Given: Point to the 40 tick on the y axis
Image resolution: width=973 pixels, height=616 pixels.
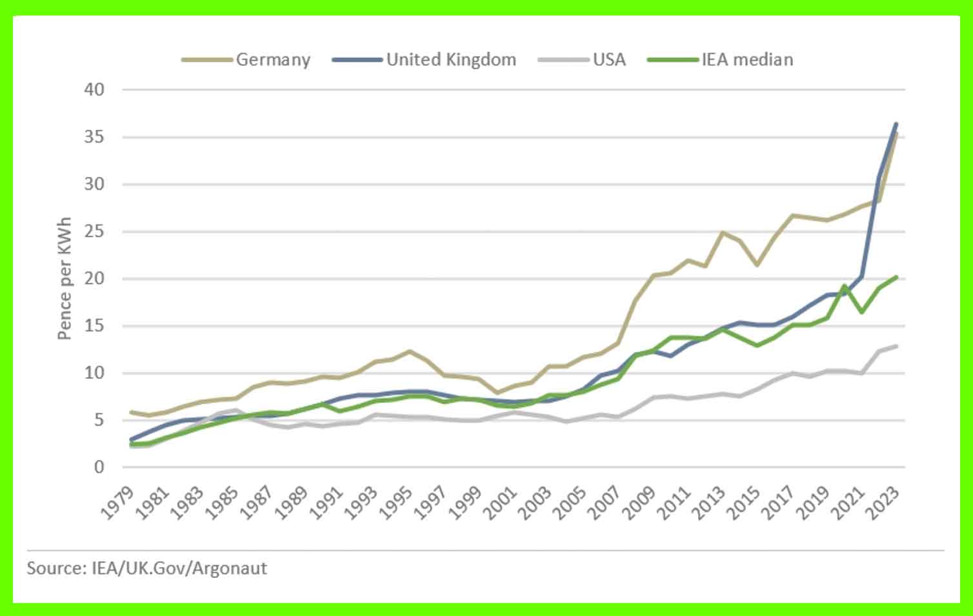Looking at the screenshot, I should click(x=94, y=89).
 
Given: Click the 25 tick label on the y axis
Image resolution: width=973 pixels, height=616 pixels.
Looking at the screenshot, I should click(x=94, y=231).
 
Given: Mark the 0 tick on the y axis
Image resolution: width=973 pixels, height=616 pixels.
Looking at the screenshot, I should click(x=99, y=467).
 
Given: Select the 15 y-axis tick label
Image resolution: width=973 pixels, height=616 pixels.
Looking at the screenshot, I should click(x=94, y=325).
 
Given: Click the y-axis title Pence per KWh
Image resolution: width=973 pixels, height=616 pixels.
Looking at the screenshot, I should click(x=64, y=278).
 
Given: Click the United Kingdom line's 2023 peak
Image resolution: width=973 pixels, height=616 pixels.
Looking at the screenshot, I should click(x=896, y=124).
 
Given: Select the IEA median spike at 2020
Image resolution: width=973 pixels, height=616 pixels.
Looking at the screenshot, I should click(x=844, y=285).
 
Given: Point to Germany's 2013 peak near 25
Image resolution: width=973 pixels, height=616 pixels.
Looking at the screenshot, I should click(x=723, y=232).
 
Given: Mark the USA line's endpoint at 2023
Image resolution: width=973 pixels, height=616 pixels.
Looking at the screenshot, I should click(x=896, y=346).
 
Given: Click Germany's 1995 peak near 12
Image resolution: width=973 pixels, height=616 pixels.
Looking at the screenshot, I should click(x=409, y=351).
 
